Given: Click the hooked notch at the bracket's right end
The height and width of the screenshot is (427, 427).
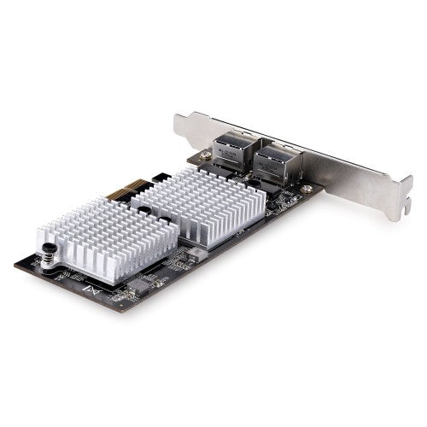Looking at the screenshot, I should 389,209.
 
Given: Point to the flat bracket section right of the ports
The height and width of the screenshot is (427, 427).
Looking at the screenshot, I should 342,184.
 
